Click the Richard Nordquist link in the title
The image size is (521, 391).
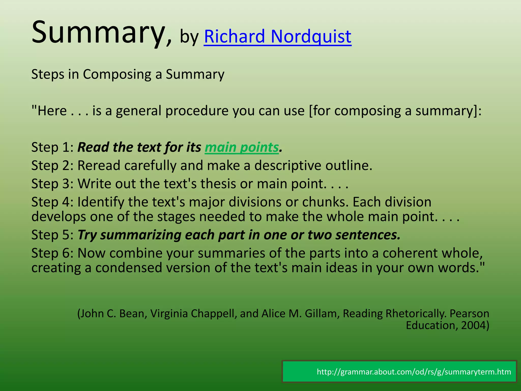pos(277,36)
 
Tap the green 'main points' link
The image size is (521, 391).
pos(242,147)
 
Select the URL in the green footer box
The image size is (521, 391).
pos(414,372)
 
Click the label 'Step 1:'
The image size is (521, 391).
pos(52,147)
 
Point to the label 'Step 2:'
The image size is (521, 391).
pos(52,166)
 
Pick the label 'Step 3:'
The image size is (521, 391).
pos(52,184)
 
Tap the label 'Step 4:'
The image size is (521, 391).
pos(52,202)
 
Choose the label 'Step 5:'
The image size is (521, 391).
pos(52,235)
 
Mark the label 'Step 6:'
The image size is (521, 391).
pos(52,253)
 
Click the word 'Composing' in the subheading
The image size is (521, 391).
pos(117,75)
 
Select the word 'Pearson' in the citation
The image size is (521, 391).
pos(469,314)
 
